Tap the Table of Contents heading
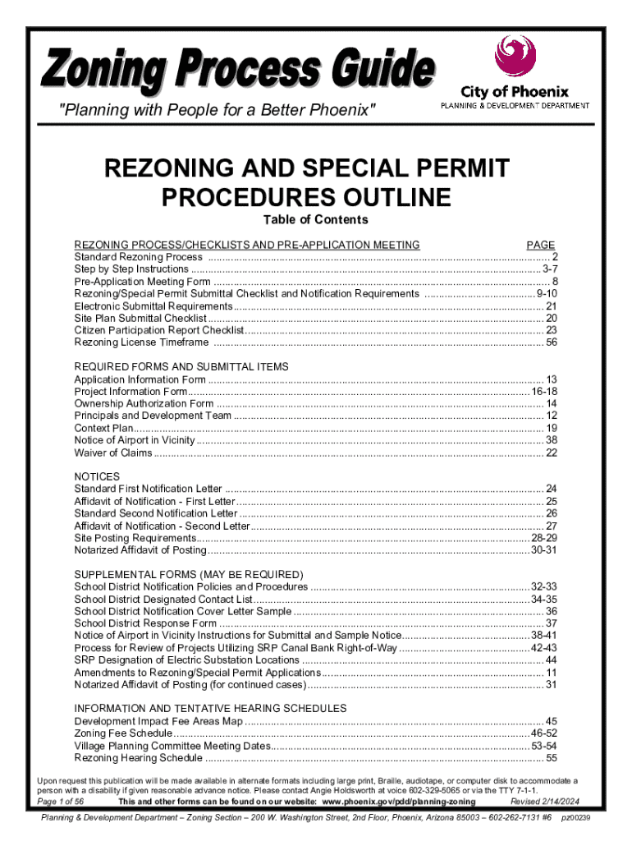315,220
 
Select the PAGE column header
541,245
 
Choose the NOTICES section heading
97,476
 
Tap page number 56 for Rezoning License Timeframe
552,342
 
